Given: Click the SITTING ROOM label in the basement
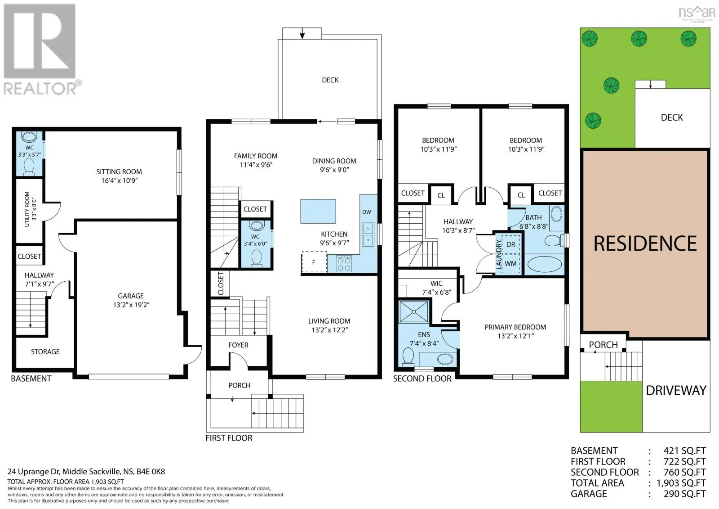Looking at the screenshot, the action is pos(119,172).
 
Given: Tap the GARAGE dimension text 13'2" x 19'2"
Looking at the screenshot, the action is pos(131,305).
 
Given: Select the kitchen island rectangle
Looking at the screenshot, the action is pos(318,211).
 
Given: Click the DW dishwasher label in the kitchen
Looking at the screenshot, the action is pos(367,212).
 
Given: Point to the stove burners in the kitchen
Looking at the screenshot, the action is pos(344,264).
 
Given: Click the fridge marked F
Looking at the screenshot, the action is pos(314,262).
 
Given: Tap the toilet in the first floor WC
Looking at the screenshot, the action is pos(257,258).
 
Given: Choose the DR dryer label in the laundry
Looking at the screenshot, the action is pos(510,244).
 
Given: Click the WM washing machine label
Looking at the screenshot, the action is pos(510,264).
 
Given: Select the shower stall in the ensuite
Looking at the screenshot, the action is pos(414,311).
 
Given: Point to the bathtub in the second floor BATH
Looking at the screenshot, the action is pos(545,265).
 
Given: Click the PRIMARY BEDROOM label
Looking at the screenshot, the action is pos(515,327).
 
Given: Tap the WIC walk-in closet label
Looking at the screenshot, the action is pos(436,283).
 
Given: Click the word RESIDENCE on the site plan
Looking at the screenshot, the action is pos(645,243).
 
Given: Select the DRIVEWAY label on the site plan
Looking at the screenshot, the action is pos(676,390).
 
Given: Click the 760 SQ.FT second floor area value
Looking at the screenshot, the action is pos(684,473).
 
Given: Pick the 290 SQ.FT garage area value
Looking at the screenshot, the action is pos(684,494).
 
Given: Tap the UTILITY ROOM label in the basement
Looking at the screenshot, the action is pos(27,209).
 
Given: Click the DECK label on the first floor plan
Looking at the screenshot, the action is pos(330,80).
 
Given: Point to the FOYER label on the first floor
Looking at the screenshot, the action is pos(238,345).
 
